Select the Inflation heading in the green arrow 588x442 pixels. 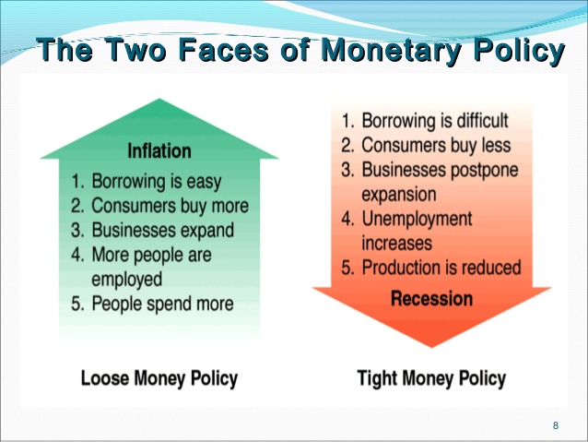(x=159, y=150)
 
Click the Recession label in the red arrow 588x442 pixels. (x=431, y=298)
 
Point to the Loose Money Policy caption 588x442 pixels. (x=159, y=377)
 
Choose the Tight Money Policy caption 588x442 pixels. (x=431, y=377)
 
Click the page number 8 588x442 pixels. (x=555, y=424)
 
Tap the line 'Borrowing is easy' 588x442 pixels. (x=156, y=181)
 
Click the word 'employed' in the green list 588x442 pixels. (x=126, y=279)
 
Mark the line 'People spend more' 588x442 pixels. (x=162, y=304)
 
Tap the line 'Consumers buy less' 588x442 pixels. (x=425, y=146)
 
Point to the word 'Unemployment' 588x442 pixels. (x=417, y=220)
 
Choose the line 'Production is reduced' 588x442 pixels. (x=431, y=269)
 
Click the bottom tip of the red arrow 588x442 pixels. (x=431, y=348)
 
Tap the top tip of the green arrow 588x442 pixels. (x=159, y=100)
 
